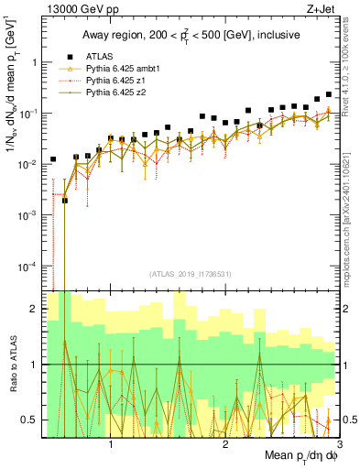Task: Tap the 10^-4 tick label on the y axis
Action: pos(27,266)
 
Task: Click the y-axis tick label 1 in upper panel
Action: pos(35,62)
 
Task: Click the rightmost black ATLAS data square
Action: pos(328,93)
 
